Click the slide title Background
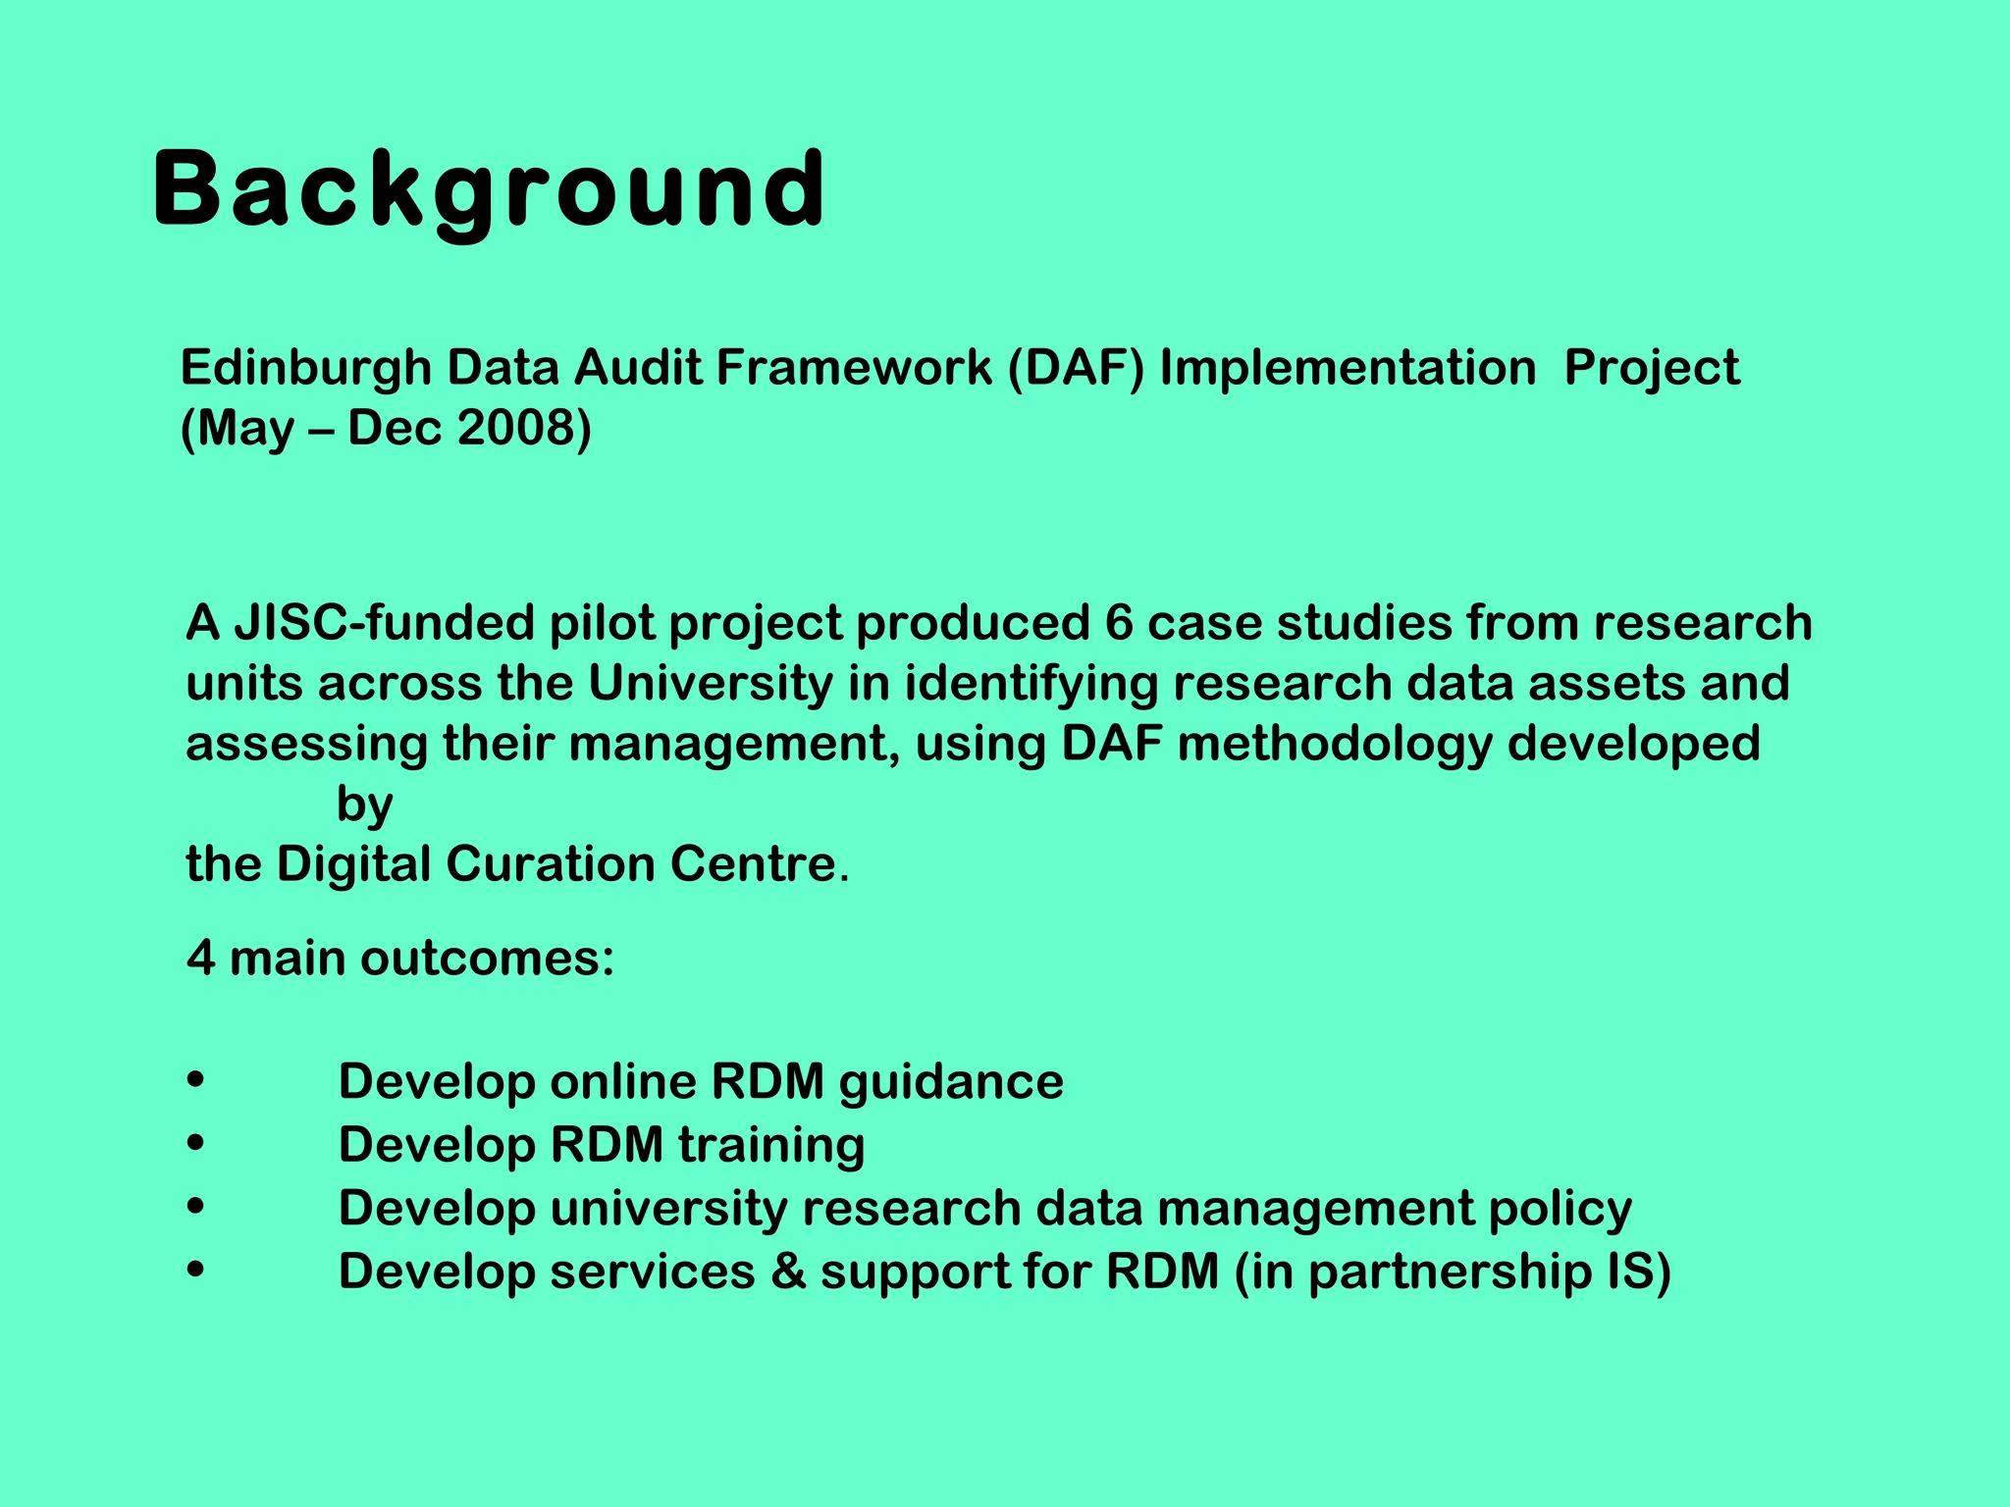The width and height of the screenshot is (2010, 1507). (489, 188)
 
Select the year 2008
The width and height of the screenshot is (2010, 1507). (523, 429)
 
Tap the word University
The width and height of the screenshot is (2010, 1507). (710, 684)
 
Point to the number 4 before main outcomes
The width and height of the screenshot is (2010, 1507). (201, 959)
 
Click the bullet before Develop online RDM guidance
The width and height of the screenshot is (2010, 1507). (195, 1081)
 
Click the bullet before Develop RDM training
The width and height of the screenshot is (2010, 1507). (195, 1144)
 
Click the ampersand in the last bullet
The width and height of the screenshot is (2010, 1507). (788, 1272)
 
